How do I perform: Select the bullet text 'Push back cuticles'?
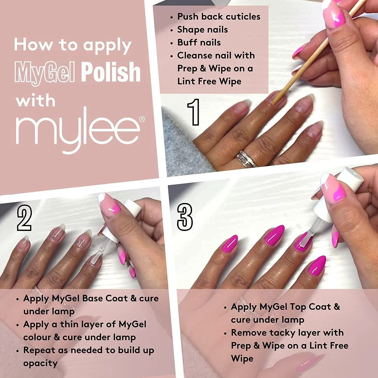point(219,16)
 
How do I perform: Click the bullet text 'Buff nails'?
point(199,42)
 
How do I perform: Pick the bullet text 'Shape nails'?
point(202,29)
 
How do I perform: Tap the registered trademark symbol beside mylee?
point(142,119)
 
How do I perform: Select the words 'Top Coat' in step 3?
point(315,307)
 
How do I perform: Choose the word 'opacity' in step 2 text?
point(40,363)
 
